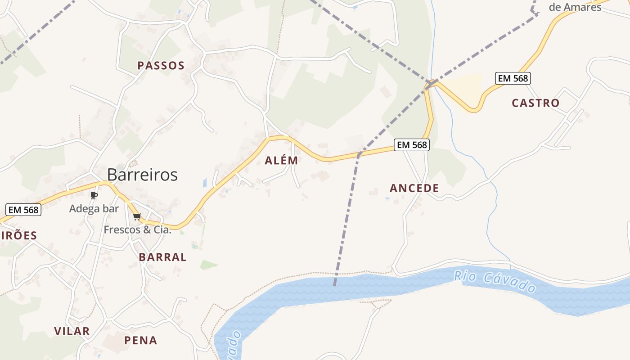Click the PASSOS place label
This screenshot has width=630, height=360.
161,66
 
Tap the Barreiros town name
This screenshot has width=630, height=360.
142,175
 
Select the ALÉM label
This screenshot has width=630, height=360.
281,161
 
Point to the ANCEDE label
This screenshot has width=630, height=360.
414,188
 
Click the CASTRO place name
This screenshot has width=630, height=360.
535,103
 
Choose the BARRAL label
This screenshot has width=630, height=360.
162,257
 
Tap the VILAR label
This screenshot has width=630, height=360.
72,332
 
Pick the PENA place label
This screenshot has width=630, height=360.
141,341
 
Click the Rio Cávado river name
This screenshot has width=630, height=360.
495,282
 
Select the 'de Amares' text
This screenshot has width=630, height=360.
575,7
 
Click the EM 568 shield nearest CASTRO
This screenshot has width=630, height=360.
513,78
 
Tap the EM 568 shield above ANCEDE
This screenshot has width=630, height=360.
412,145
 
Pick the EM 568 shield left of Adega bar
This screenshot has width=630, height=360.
23,210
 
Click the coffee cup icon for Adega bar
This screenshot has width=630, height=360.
94,195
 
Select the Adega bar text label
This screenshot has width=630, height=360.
94,209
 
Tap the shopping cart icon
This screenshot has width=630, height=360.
137,216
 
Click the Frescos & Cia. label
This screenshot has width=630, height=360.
138,229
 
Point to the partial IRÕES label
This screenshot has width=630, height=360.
19,235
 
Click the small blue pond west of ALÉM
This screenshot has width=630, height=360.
205,182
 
